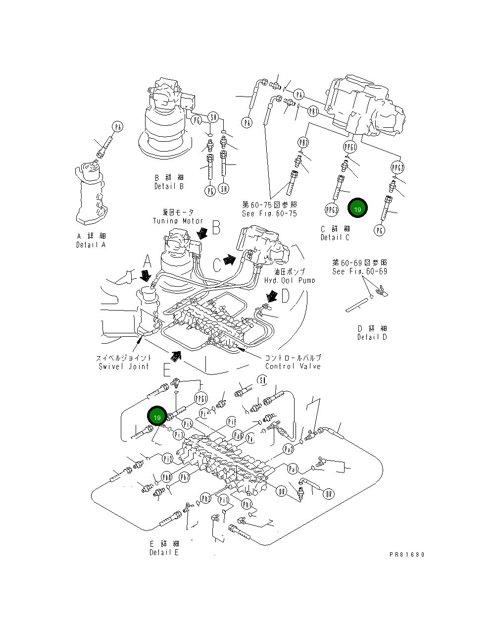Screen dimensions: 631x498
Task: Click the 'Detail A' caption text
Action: (91, 245)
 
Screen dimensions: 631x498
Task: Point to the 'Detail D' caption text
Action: (372, 337)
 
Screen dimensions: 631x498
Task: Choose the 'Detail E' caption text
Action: (164, 552)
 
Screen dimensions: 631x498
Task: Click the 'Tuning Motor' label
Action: (178, 221)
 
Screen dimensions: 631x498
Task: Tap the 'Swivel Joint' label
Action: (124, 366)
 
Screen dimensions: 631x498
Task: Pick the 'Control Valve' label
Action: (293, 366)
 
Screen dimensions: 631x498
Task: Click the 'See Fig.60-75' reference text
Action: (269, 213)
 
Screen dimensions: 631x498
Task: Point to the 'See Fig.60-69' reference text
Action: (359, 271)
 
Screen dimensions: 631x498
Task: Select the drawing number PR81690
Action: (407, 555)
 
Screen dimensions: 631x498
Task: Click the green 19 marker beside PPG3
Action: (357, 209)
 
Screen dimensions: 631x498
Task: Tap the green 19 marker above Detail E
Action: (157, 418)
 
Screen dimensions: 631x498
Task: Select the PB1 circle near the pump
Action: (313, 111)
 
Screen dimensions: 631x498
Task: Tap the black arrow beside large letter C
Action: (229, 260)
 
